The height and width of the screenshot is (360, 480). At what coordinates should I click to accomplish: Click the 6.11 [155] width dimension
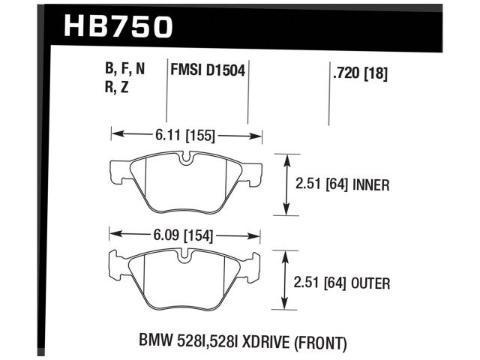(x=185, y=136)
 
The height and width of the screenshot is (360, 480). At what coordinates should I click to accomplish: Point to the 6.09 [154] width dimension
(x=184, y=235)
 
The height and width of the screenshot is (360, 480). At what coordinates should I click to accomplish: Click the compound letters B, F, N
(x=124, y=70)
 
